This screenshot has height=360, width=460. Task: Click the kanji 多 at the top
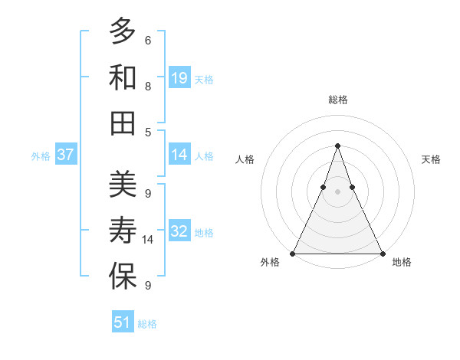[123, 32]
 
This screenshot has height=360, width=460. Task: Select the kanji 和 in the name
[123, 77]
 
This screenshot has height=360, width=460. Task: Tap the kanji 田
[123, 123]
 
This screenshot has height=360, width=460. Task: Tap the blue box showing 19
[179, 77]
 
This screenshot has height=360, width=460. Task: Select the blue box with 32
[179, 231]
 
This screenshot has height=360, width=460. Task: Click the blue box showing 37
[66, 155]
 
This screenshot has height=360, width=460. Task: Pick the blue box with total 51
[123, 322]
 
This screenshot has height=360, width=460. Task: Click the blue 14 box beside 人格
[179, 155]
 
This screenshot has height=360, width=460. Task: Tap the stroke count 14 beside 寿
[148, 240]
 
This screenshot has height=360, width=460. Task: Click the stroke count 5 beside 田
[148, 132]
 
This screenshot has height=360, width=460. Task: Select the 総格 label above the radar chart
[337, 100]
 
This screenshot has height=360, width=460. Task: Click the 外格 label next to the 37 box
[41, 155]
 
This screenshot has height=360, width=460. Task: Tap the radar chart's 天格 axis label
[431, 159]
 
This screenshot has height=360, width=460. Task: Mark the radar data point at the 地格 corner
[382, 253]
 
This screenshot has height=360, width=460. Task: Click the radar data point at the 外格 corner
[293, 253]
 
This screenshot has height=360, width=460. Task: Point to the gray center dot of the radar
[337, 191]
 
